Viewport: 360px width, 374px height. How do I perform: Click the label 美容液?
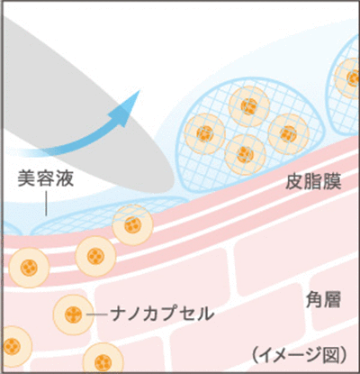46,178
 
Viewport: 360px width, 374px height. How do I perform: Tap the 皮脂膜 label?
313,181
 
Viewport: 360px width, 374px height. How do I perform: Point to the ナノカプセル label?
162,314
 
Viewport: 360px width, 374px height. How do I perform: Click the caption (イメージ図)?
300,355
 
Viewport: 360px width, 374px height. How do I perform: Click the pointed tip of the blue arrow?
139,90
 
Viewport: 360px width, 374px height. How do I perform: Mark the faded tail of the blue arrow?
22,152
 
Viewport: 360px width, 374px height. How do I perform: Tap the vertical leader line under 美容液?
46,204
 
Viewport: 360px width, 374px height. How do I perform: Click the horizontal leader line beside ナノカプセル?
97,315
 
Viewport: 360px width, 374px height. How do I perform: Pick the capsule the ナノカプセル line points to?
73,315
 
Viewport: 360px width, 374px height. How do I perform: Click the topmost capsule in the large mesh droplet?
249,106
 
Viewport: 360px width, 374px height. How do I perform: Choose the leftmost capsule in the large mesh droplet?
205,133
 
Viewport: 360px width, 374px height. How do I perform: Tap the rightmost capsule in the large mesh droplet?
289,134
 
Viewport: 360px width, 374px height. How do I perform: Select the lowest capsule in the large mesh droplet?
245,154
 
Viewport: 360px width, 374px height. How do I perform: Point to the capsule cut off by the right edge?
347,78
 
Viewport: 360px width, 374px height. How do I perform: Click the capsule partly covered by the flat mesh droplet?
132,225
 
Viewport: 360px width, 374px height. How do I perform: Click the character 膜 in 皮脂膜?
332,181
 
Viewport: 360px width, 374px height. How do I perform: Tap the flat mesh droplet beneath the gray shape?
108,214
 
